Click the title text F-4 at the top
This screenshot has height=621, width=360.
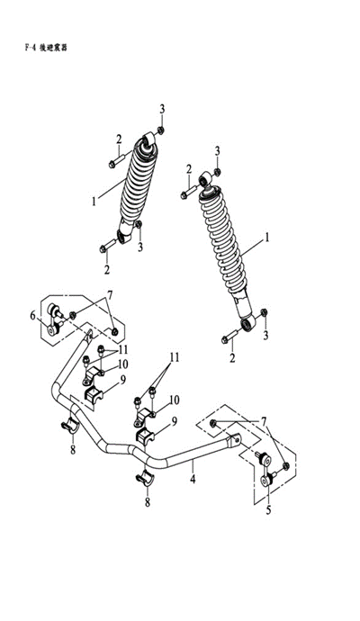click(31, 48)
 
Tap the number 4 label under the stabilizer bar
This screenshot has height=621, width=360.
click(193, 479)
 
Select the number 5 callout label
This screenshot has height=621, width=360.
click(268, 510)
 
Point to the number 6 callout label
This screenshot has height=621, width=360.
click(33, 315)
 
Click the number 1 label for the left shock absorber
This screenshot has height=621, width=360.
click(94, 202)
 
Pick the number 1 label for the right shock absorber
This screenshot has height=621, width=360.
click(267, 238)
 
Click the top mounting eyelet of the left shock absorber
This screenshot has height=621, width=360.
click(148, 139)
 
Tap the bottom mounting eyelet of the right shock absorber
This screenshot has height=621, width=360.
click(247, 324)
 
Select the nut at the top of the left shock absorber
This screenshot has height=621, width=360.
click(160, 130)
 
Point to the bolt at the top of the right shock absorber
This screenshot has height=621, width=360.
click(188, 193)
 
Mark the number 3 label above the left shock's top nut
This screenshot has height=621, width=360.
click(162, 109)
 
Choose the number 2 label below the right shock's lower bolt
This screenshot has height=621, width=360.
click(232, 358)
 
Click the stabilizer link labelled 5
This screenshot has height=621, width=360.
click(265, 469)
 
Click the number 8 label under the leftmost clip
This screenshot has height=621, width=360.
click(73, 450)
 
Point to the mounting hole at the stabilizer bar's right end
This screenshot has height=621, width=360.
click(238, 439)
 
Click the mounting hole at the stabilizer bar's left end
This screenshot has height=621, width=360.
click(90, 333)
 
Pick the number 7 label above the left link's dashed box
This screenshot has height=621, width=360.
click(110, 295)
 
